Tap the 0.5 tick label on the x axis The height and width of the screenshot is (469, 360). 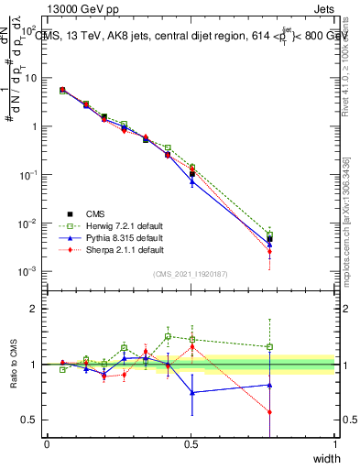pos(191,443)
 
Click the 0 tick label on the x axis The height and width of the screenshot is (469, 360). pos(47,443)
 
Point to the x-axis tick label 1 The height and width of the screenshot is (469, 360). pos(335,443)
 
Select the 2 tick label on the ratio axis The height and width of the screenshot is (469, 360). pos(35,309)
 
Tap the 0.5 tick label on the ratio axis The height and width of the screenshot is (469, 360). pos(31,420)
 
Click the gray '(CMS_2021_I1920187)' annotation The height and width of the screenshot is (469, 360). pos(191,274)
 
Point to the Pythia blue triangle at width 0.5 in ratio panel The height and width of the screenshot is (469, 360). pos(192,392)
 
